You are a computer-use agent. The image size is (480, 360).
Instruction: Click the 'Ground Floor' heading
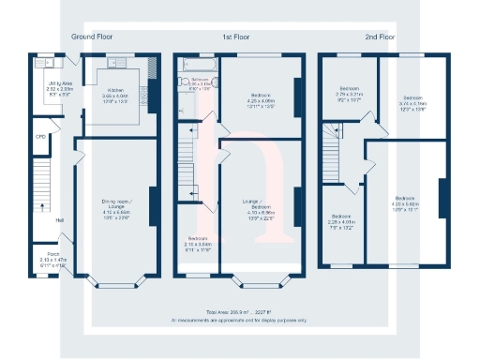(x=91, y=37)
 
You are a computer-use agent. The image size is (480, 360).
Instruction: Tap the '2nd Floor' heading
(x=380, y=37)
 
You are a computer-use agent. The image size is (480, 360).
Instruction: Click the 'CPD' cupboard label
(x=39, y=137)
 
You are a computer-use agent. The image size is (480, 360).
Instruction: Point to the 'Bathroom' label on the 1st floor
(x=199, y=81)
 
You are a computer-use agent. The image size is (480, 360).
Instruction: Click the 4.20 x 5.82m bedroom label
(x=406, y=203)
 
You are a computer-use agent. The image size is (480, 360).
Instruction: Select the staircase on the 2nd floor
(x=333, y=150)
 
